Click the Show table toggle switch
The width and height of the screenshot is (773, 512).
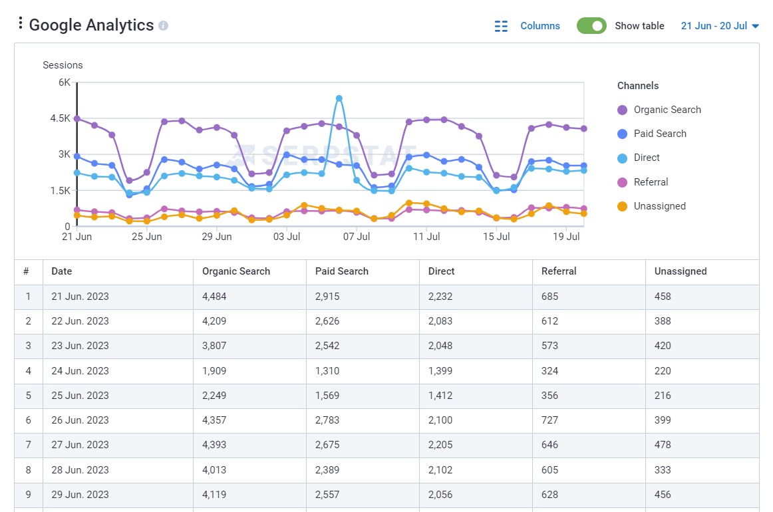click(x=591, y=26)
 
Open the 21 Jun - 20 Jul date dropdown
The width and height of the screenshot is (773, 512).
click(x=720, y=26)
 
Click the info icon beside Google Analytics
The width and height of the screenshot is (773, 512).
click(x=164, y=26)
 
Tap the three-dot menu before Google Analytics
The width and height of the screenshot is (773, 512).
click(x=21, y=24)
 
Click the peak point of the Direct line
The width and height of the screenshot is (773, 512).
click(x=339, y=98)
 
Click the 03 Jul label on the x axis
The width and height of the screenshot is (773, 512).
click(x=287, y=237)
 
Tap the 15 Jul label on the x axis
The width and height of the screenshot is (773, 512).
click(x=496, y=237)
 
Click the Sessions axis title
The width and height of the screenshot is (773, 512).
click(x=63, y=65)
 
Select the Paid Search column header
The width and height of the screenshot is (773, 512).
click(x=342, y=271)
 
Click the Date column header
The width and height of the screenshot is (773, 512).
click(x=62, y=271)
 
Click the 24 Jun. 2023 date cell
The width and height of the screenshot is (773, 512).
click(x=80, y=371)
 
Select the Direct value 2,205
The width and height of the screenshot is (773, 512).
click(x=440, y=445)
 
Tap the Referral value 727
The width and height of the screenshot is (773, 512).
click(x=550, y=420)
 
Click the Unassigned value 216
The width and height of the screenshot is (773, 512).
click(x=663, y=396)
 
